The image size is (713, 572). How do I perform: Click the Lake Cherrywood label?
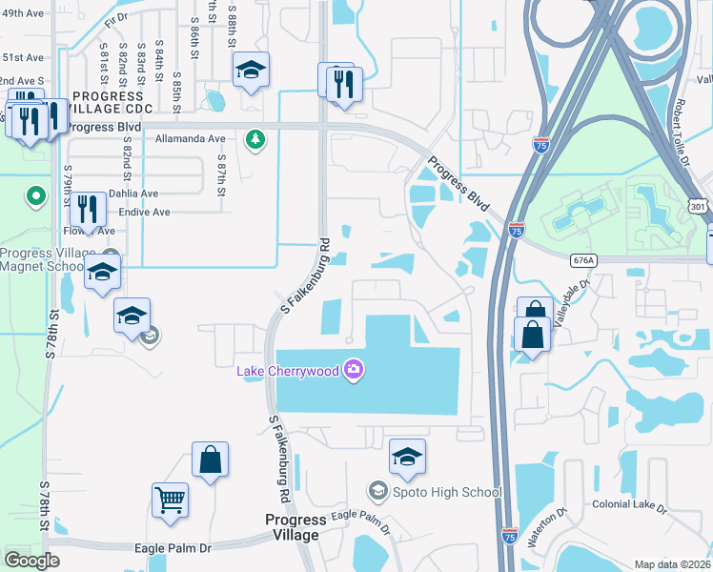288,370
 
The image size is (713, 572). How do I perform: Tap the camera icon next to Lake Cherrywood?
354,369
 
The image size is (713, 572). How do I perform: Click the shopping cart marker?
170,499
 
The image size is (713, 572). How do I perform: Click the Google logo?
32,560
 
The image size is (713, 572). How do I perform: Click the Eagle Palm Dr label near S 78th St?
179,548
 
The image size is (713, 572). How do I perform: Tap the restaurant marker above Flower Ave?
88,210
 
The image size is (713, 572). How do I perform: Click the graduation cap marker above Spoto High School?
407,457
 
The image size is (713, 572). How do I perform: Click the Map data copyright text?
671,564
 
